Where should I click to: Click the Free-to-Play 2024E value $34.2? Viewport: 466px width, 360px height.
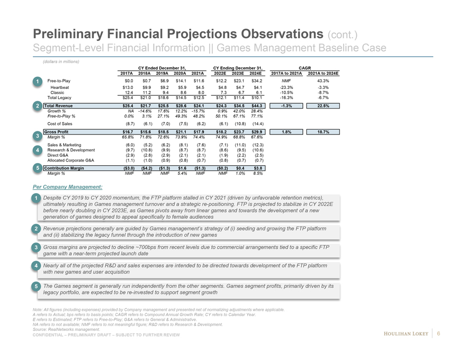point(257,80)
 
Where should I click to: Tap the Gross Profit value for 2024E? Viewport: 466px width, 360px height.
point(257,131)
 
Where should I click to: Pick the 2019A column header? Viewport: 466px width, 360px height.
point(165,73)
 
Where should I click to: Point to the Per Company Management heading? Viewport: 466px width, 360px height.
point(67,186)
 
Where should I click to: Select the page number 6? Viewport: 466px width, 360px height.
point(439,333)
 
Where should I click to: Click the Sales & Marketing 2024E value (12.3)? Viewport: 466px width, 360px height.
point(257,144)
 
